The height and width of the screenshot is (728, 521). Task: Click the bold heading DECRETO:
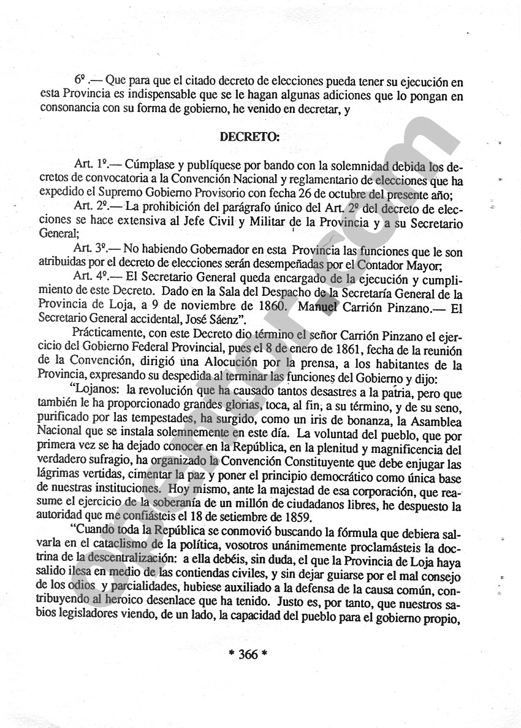tap(249, 137)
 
